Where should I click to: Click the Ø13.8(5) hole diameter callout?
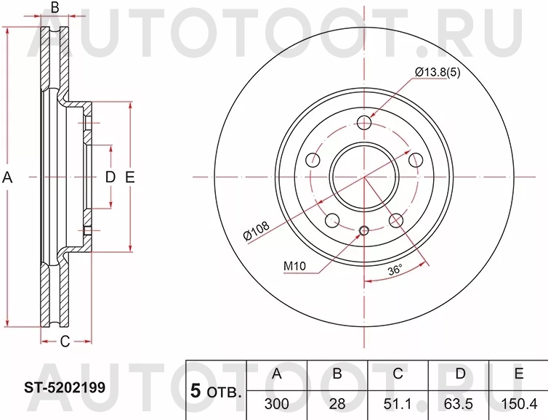point(438,73)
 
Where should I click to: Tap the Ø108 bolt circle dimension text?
point(257,230)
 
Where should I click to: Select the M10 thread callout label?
point(294,266)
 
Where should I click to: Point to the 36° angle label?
point(395,270)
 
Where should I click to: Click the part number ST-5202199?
point(65,387)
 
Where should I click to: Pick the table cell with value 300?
point(276,404)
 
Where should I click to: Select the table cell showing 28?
point(337,404)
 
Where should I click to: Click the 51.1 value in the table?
point(398,404)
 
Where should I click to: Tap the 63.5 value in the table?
point(458,404)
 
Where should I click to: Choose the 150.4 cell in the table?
point(519,404)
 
